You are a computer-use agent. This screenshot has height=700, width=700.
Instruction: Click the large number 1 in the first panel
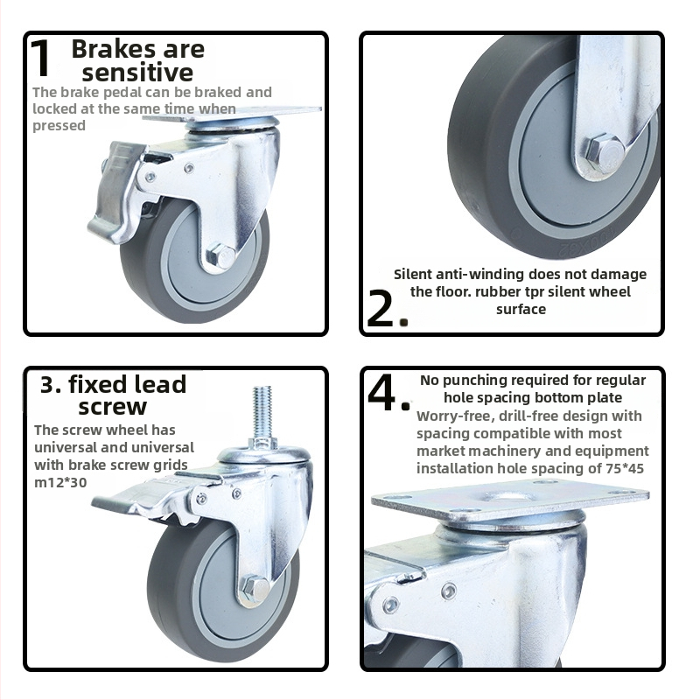41,59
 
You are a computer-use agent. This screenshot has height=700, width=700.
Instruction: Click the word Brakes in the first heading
114,49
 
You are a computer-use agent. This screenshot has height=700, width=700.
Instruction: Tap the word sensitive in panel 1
137,73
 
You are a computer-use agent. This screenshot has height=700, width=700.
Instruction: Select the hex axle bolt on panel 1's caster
220,255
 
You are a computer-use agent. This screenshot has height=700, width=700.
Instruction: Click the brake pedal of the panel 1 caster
115,192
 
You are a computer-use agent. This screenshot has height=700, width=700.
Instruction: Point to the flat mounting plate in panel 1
232,114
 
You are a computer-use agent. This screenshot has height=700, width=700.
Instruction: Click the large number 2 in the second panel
381,309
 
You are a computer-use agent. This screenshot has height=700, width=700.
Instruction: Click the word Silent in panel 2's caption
413,274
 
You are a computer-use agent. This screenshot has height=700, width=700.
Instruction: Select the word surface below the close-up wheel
521,310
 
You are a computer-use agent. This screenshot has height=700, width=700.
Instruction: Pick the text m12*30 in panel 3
60,483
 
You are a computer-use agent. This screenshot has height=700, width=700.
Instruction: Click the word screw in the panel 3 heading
113,406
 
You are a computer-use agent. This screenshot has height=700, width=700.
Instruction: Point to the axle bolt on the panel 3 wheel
254,588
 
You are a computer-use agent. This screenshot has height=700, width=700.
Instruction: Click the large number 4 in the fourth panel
382,393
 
